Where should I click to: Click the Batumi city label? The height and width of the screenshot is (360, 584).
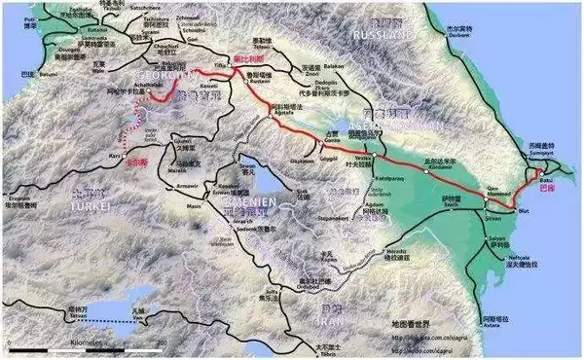(47, 74)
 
